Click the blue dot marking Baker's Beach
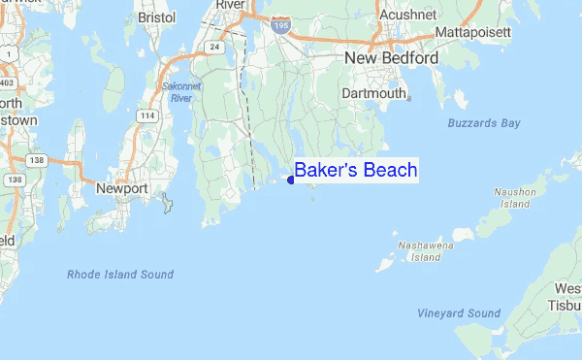pos(291,179)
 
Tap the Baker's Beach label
pos(356,171)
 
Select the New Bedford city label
pos(392,59)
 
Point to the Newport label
pos(121,188)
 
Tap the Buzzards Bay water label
pos(484,123)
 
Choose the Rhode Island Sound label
pos(120,275)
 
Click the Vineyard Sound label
pos(459,313)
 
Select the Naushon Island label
pos(514,198)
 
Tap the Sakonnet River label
pos(178,92)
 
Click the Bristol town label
pos(157,17)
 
